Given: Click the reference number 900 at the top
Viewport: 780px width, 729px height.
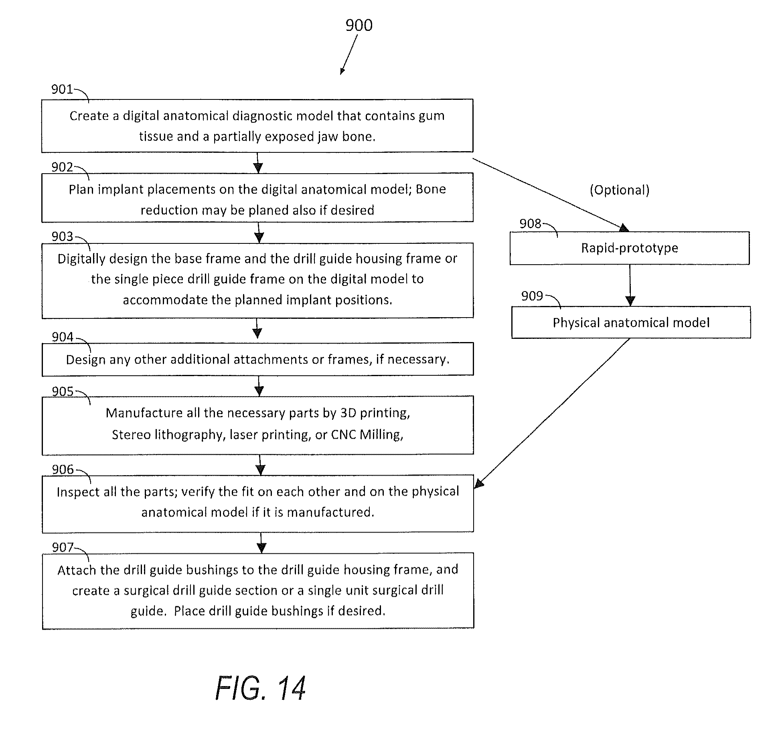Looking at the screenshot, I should [x=359, y=25].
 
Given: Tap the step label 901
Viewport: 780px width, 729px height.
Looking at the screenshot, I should [x=62, y=89].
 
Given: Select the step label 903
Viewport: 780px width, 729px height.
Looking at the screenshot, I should [x=62, y=237].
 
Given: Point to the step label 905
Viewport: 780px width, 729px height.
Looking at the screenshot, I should [x=63, y=391].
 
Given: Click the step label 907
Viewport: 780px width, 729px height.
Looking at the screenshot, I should [x=63, y=547].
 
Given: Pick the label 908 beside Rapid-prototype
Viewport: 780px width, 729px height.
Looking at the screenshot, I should [x=530, y=223].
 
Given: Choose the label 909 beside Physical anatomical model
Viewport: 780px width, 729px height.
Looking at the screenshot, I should [x=532, y=296].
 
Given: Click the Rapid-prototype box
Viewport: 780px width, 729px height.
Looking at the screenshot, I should [x=629, y=248].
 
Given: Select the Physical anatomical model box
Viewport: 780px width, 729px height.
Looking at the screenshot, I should [x=631, y=323].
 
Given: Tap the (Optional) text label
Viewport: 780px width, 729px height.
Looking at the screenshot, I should [x=619, y=190].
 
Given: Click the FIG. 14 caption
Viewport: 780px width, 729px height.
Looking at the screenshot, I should [x=261, y=688].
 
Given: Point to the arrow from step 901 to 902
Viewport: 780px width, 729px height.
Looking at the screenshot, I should [x=258, y=163].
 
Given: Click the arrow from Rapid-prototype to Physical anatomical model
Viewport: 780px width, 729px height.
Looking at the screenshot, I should [x=630, y=286].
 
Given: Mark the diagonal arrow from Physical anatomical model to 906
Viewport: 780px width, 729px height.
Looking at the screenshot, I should [x=553, y=413].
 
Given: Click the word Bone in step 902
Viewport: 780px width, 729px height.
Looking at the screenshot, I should [x=431, y=189].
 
